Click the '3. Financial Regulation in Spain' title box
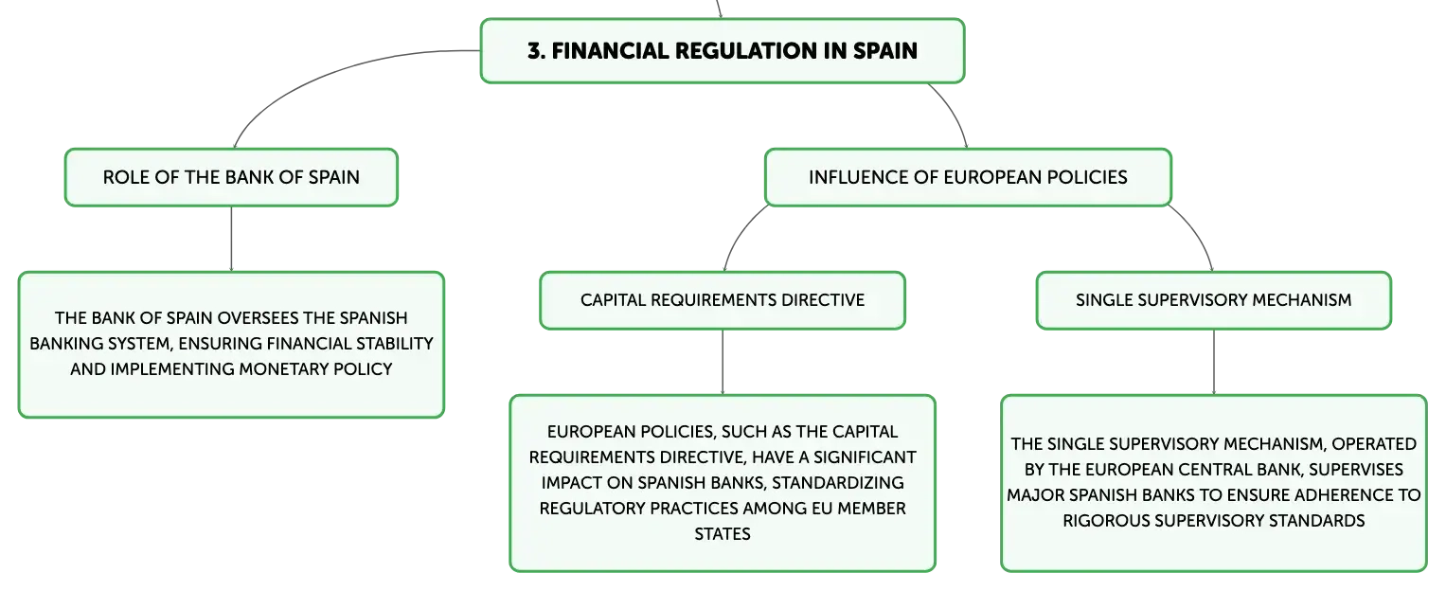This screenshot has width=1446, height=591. tap(723, 51)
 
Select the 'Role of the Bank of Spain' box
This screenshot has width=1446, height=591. tap(231, 178)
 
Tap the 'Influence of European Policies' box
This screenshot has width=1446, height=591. tap(968, 178)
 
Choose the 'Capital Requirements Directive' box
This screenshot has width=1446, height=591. tap(723, 300)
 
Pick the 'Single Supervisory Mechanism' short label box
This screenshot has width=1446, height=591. tap(1214, 300)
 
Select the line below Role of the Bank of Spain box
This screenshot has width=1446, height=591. tap(231, 239)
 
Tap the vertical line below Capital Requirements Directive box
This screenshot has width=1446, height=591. tap(723, 362)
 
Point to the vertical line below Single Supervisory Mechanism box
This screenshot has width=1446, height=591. tap(1214, 362)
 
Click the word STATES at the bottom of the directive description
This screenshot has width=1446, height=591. tap(723, 534)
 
